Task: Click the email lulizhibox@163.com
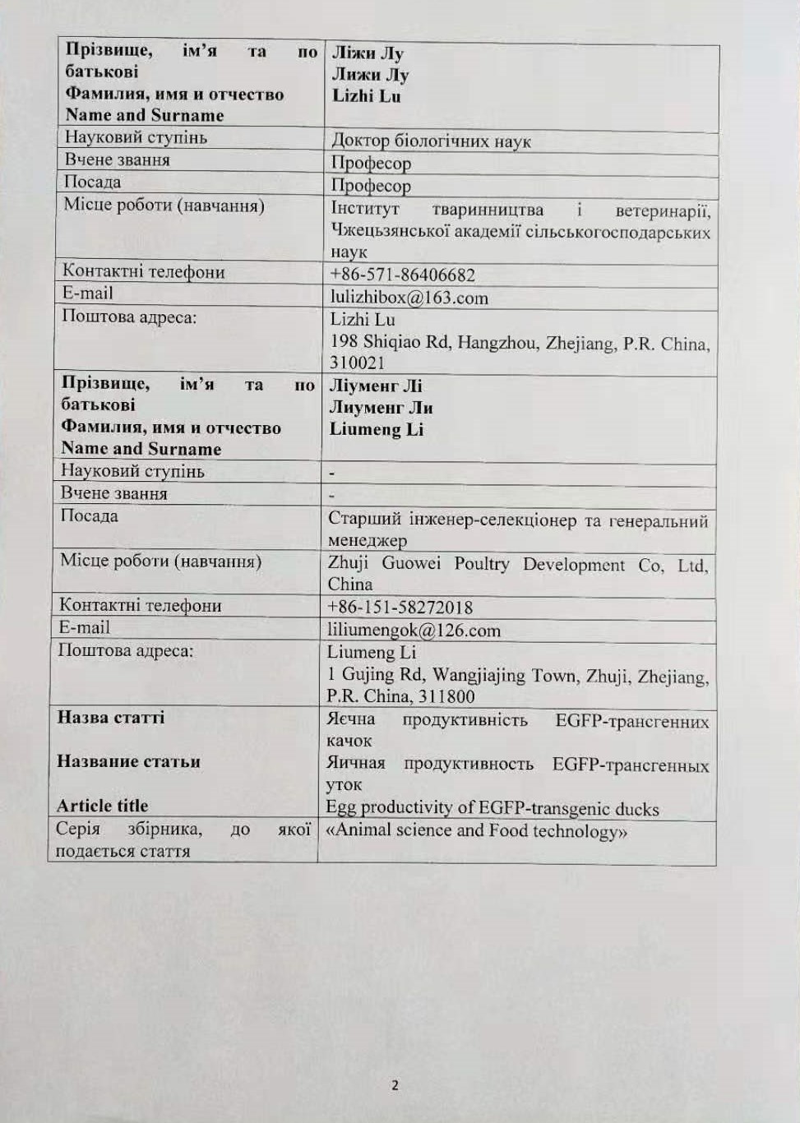click(409, 298)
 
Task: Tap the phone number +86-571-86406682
click(402, 275)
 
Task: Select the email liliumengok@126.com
click(414, 631)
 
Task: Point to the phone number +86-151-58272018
click(400, 608)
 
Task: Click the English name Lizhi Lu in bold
click(366, 95)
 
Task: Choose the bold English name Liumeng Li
click(376, 429)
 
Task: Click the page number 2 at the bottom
click(395, 1085)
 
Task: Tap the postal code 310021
click(357, 363)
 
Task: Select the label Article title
click(103, 806)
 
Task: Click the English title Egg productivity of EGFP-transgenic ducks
click(492, 808)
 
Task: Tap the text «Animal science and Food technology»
click(476, 830)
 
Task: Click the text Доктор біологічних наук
click(431, 141)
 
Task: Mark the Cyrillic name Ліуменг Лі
click(376, 386)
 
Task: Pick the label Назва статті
click(111, 717)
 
